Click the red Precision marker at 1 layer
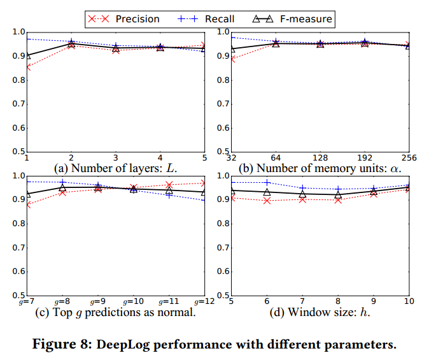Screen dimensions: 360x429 point(26,68)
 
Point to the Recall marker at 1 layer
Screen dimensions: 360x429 point(26,39)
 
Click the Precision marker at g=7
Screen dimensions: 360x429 point(26,205)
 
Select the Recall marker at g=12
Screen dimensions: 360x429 point(204,200)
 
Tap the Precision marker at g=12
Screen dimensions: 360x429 point(204,184)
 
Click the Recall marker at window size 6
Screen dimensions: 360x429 point(266,183)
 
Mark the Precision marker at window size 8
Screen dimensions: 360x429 point(337,199)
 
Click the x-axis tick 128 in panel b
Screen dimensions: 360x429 point(319,157)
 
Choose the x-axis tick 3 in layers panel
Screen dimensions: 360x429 point(115,157)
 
